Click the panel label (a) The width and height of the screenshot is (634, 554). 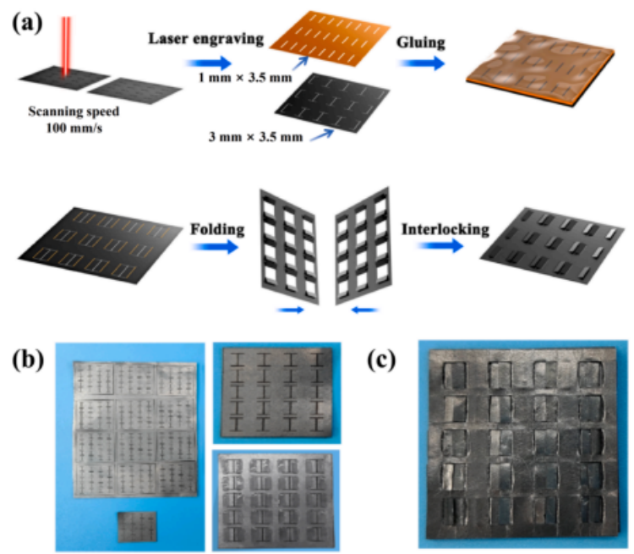pyautogui.click(x=30, y=20)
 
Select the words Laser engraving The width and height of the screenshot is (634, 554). pyautogui.click(x=199, y=39)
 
